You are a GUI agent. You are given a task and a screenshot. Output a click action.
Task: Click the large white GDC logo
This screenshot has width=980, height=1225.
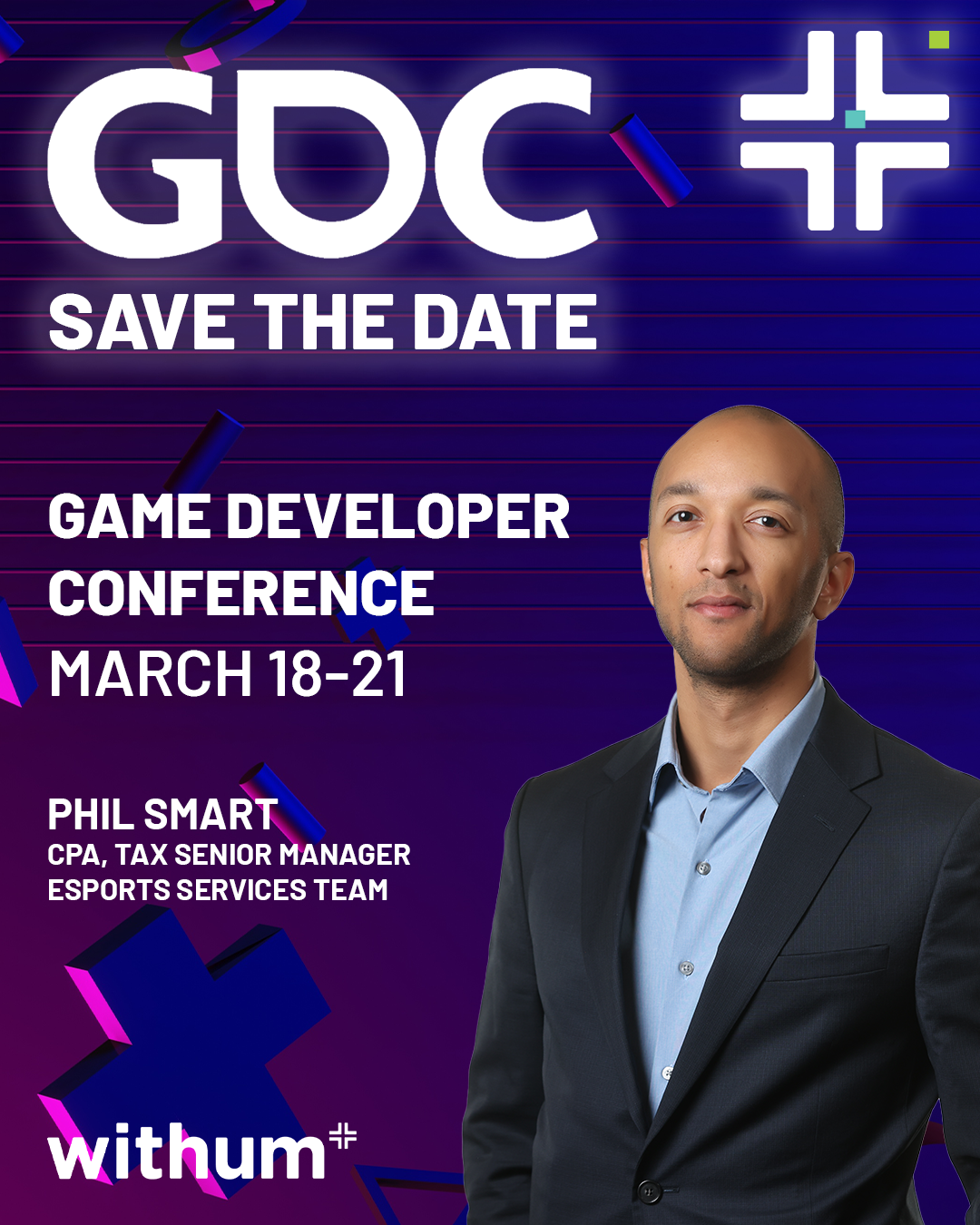[x=322, y=162]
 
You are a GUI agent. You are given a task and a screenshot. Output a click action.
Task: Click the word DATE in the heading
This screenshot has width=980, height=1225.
[x=505, y=322]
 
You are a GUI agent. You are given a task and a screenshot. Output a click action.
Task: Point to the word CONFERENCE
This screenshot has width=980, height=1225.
[x=240, y=593]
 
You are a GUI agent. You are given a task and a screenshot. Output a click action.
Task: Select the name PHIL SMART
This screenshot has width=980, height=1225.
[x=162, y=815]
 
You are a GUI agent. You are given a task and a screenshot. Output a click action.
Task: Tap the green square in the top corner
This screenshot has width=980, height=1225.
[x=939, y=40]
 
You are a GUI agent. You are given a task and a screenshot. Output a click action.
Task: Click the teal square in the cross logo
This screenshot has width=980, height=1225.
[x=855, y=119]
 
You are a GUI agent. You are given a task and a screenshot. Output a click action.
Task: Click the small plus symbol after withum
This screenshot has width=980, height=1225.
[x=343, y=1136]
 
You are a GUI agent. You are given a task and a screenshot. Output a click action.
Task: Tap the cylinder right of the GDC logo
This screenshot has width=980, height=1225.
[x=651, y=160]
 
